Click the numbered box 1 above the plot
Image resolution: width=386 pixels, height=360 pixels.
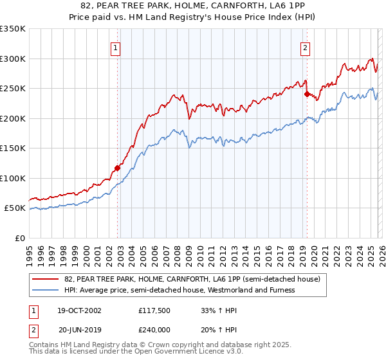pyautogui.click(x=115, y=47)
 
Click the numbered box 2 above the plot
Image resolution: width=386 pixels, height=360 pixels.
pyautogui.click(x=304, y=47)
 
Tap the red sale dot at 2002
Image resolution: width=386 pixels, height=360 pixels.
pyautogui.click(x=117, y=168)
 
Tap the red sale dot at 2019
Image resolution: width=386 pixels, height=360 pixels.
pyautogui.click(x=307, y=94)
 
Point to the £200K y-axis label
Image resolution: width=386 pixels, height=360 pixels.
pyautogui.click(x=13, y=118)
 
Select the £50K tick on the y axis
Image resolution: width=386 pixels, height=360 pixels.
pyautogui.click(x=15, y=208)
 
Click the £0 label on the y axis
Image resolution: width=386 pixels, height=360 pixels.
pyautogui.click(x=21, y=238)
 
